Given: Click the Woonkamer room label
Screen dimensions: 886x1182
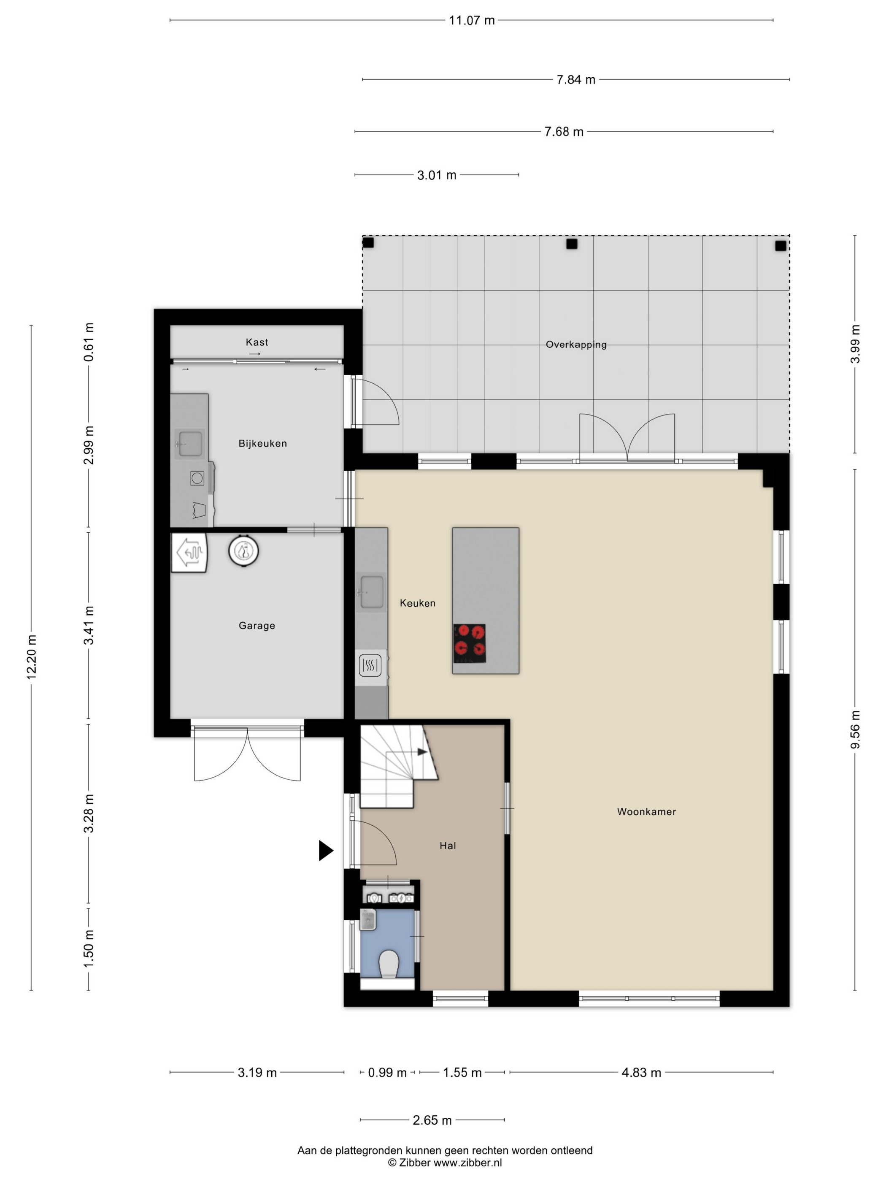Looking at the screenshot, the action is pyautogui.click(x=646, y=812).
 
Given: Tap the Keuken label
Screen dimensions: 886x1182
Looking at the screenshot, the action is pyautogui.click(x=418, y=603).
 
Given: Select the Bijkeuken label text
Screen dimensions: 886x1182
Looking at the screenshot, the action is pyautogui.click(x=263, y=444).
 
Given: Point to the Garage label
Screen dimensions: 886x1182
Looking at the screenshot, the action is pyautogui.click(x=257, y=626).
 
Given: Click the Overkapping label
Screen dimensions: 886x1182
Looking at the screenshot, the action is pyautogui.click(x=576, y=344).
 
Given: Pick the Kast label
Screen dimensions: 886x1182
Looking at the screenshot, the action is pyautogui.click(x=257, y=342).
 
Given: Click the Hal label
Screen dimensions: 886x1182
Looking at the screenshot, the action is pyautogui.click(x=448, y=846).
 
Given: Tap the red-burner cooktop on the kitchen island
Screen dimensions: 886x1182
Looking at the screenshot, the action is pyautogui.click(x=470, y=643).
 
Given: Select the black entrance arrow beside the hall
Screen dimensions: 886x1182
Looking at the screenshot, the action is pyautogui.click(x=326, y=850).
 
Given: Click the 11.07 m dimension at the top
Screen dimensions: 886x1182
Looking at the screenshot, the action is pyautogui.click(x=472, y=21).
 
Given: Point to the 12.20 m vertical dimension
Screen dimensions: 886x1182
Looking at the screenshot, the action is pyautogui.click(x=32, y=657).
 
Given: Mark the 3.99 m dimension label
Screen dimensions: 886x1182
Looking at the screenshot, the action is pyautogui.click(x=855, y=344).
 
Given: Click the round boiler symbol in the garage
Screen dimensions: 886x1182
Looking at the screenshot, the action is pyautogui.click(x=244, y=551).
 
